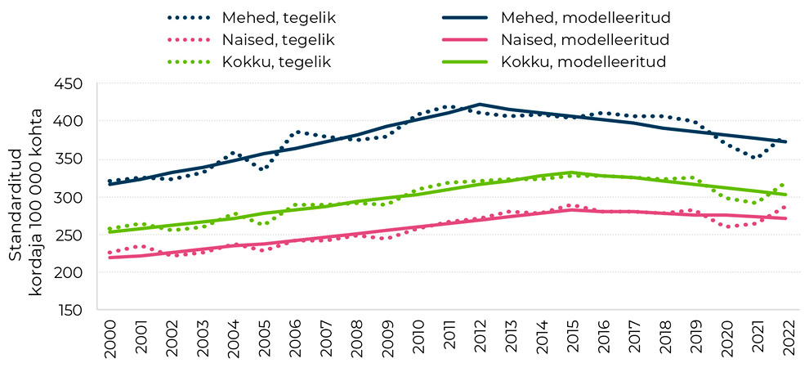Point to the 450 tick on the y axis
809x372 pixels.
(x=69, y=83)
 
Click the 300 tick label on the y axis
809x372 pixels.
(x=69, y=197)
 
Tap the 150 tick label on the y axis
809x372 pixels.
(x=69, y=310)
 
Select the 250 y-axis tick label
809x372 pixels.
(x=69, y=235)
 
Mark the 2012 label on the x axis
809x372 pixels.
(x=480, y=337)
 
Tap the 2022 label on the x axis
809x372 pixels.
(x=788, y=337)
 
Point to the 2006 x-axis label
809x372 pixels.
(x=295, y=337)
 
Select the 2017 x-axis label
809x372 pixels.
(x=634, y=337)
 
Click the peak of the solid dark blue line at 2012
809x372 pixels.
(x=480, y=105)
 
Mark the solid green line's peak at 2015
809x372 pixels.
(x=572, y=173)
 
